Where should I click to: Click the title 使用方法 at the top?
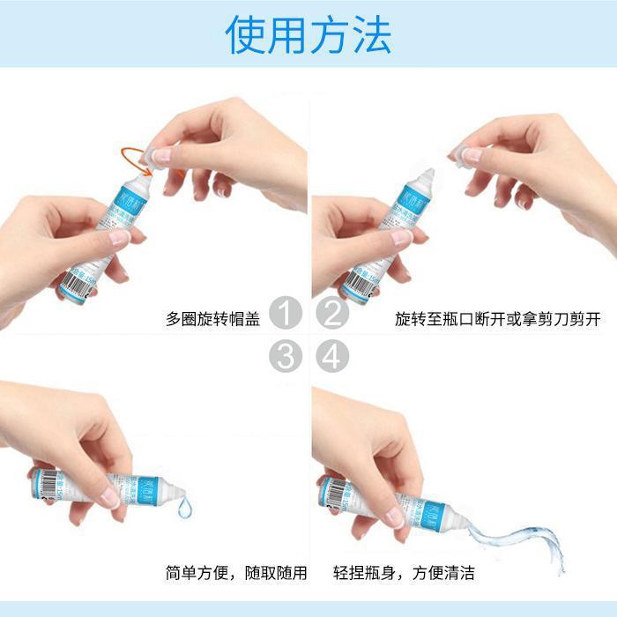308,35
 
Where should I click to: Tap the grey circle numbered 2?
332,313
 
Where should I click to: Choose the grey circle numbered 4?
332,357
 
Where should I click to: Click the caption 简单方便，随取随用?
236,573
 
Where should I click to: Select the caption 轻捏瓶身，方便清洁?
404,573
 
